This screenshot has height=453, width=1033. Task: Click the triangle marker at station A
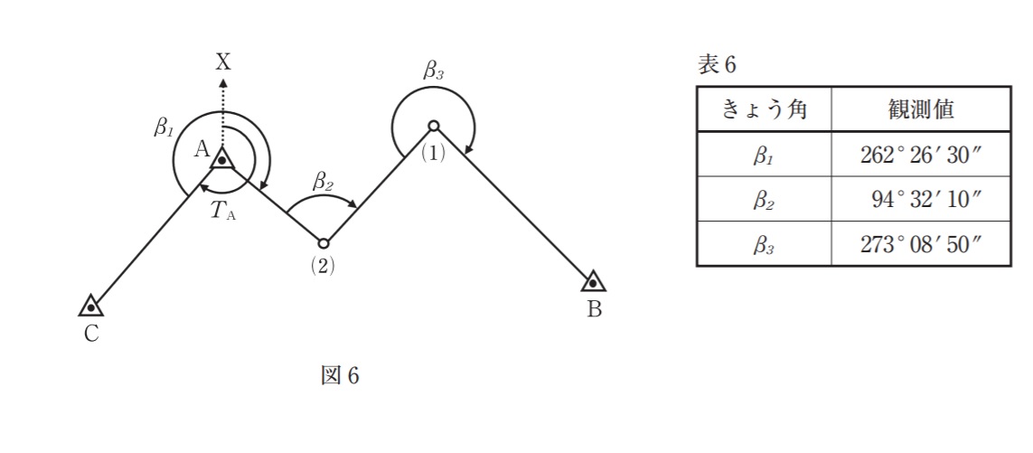click(x=221, y=159)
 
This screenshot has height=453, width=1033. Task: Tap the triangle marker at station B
click(x=593, y=283)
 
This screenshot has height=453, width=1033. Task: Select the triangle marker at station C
click(x=90, y=306)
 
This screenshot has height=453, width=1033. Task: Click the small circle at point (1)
click(x=433, y=126)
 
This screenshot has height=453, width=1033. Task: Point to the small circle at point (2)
click(x=323, y=242)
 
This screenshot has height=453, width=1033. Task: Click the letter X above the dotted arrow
click(x=223, y=61)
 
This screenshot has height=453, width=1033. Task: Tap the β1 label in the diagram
click(x=163, y=126)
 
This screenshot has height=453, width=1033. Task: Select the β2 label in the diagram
click(x=324, y=181)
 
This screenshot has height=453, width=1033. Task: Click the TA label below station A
click(x=222, y=212)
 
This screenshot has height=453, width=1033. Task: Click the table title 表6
click(x=718, y=64)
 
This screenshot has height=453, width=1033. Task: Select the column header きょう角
click(x=764, y=110)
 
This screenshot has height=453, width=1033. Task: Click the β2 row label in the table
click(x=764, y=200)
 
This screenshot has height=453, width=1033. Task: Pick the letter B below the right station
click(x=594, y=310)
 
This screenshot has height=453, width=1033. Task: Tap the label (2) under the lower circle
click(x=323, y=269)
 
